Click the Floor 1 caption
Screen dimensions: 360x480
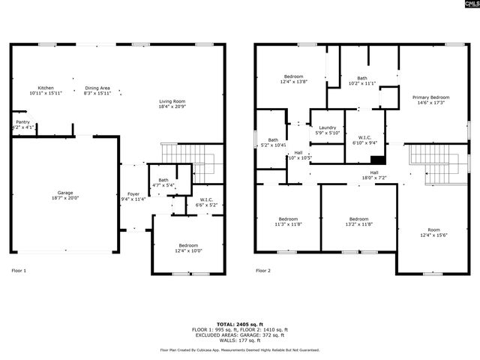(x=19, y=271)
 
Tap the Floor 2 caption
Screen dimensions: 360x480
(x=262, y=271)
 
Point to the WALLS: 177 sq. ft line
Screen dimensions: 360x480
(x=240, y=341)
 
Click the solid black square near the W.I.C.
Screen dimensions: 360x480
(x=379, y=159)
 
